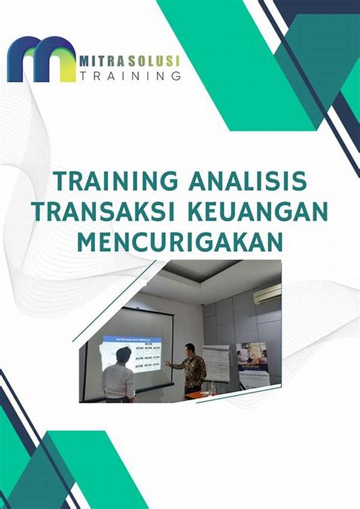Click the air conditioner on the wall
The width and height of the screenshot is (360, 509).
[x=266, y=294]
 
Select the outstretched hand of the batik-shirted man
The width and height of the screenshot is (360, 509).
[x=168, y=363]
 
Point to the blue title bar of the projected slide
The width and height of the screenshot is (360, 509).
[x=133, y=339]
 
